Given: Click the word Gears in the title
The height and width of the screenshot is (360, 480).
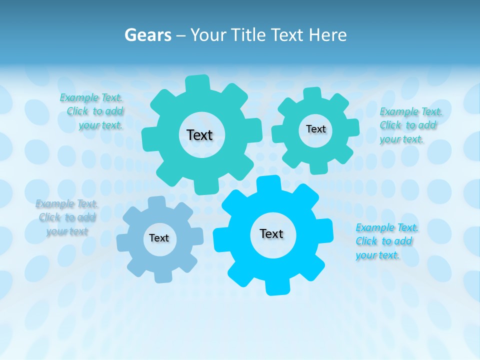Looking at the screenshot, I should pos(147,35).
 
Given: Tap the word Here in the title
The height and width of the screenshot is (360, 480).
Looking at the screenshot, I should pos(327,35).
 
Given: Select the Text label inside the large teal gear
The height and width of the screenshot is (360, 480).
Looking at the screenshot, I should pos(199,135).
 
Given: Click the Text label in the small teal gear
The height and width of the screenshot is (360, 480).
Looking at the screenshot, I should pos(315,129).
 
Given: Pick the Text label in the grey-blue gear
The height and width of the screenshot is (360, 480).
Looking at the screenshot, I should pos(159,238).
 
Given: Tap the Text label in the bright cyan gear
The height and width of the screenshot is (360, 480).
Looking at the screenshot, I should pos(271,233).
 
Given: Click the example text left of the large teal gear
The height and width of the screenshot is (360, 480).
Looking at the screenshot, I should pos(92,111).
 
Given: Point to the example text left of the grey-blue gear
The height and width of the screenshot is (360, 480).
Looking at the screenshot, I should pos(66,217).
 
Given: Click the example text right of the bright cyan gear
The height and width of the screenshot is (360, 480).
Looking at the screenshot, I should pos(386,241).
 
